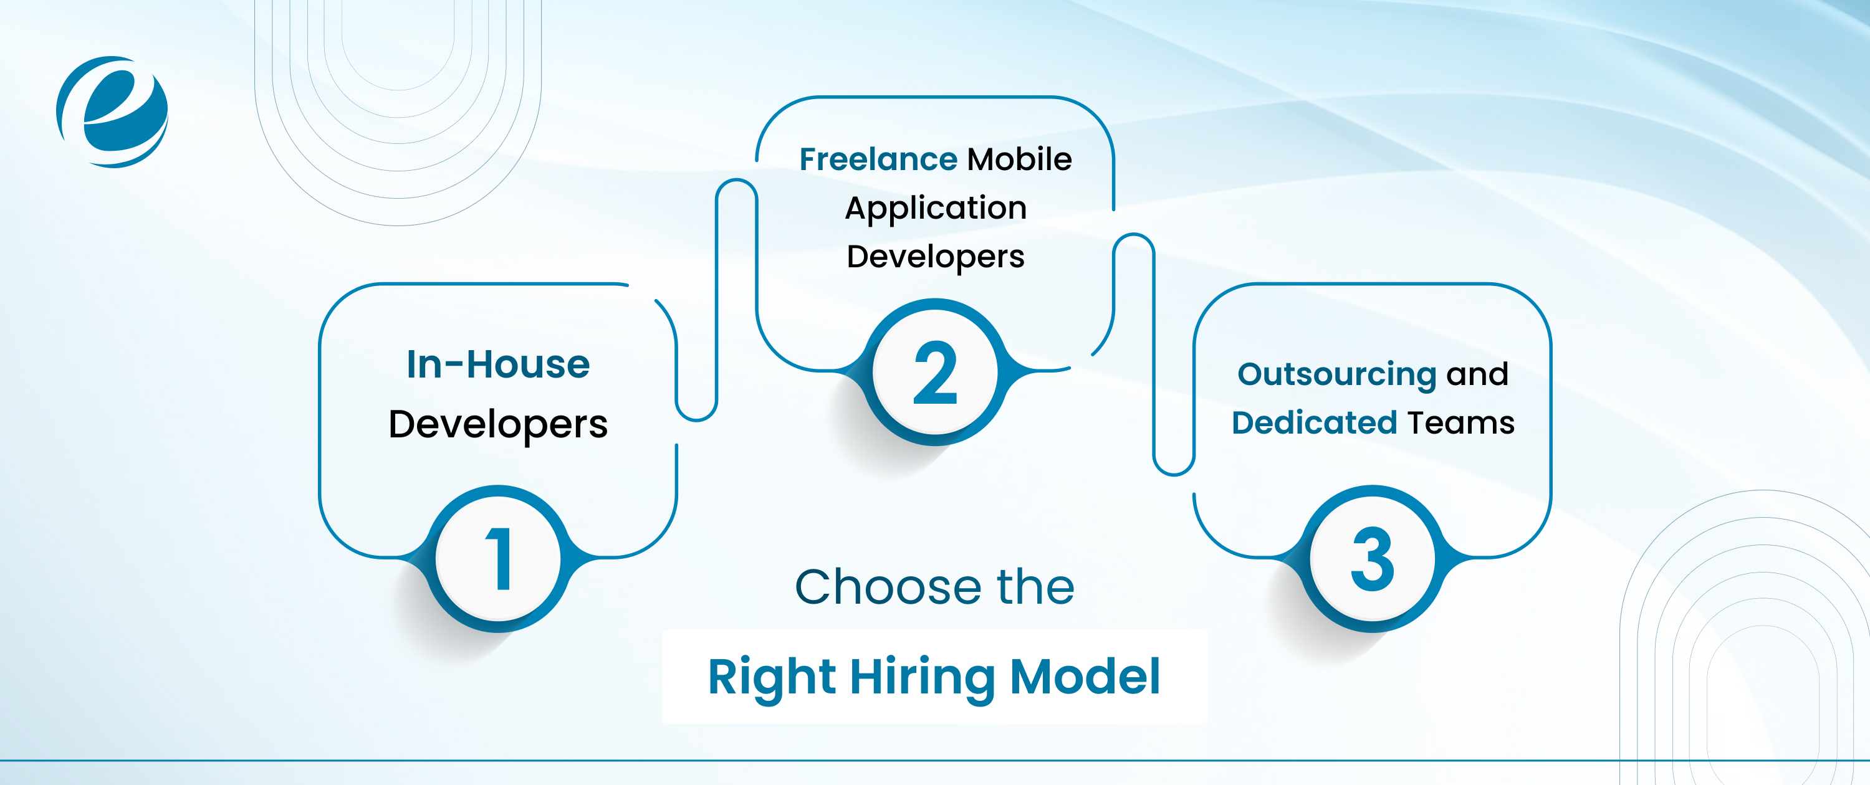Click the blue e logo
[113, 112]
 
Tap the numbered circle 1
[498, 559]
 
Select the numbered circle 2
[935, 372]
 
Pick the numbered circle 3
[1372, 559]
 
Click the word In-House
[498, 364]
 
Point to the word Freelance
[878, 159]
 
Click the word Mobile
[1019, 159]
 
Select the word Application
[936, 208]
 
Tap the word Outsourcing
[1336, 374]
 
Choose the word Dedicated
[1314, 423]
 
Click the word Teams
[1460, 423]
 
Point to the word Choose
[883, 587]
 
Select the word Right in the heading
[772, 677]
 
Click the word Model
[1085, 677]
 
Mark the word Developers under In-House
[498, 424]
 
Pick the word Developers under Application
[936, 257]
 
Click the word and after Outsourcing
[1477, 374]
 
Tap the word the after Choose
[1036, 587]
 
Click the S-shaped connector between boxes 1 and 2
[716, 297]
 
